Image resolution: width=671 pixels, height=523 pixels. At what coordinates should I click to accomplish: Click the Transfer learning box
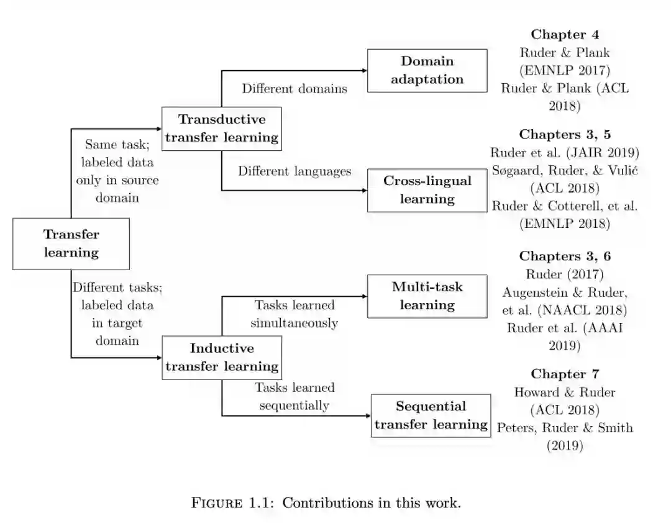pos(71,243)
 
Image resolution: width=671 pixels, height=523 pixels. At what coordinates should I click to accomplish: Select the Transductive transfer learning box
pos(222,129)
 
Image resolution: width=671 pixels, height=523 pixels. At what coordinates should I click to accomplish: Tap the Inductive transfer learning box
pos(222,357)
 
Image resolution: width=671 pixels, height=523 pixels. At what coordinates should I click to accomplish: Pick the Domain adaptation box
pos(427,70)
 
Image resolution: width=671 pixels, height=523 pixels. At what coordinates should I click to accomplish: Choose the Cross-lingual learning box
pos(427,190)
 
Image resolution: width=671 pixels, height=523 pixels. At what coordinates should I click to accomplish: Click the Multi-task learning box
pos(427,296)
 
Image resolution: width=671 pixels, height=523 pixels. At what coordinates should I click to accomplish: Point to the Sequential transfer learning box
pos(431,416)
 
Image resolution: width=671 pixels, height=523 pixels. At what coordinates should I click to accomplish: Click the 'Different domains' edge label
pos(294,88)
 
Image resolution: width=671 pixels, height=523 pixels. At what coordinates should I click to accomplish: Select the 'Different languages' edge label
pos(294,171)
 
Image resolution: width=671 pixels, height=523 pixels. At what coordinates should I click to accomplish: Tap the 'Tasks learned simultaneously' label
pos(294,314)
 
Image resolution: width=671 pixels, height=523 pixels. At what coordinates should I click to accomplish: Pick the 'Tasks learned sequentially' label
pos(294,396)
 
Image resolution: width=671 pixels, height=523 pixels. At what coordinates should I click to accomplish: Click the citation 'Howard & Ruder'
pos(564,392)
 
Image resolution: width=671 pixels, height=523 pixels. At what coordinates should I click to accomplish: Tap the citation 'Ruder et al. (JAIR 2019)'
pos(564,152)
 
